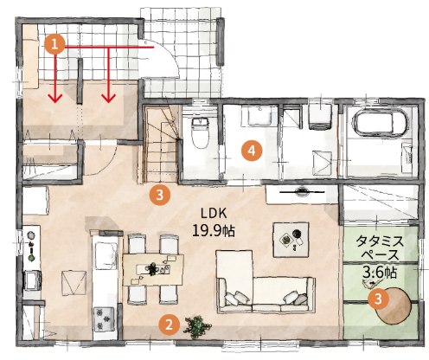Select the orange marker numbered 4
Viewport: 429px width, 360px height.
(x=252, y=151)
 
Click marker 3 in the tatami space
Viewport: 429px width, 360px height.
(x=377, y=299)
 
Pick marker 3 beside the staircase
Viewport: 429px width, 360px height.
(x=158, y=195)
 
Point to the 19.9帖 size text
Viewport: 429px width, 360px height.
(x=214, y=231)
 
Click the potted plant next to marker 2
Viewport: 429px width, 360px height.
(x=198, y=327)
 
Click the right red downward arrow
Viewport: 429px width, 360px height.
(x=108, y=78)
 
